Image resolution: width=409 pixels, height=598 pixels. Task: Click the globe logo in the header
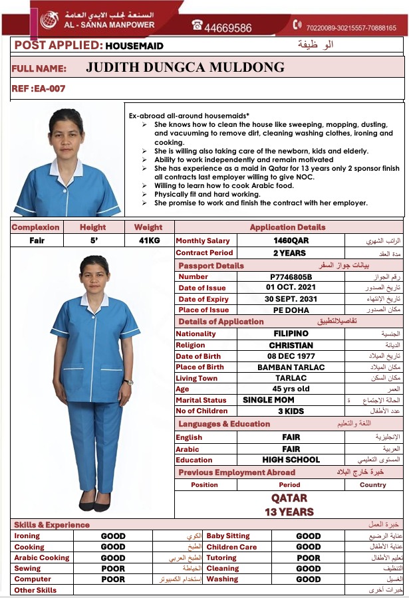pos(49,20)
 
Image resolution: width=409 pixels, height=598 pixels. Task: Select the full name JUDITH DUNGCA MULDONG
pos(185,68)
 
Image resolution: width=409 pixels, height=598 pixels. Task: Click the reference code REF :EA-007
pos(39,88)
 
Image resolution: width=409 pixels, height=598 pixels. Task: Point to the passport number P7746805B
pos(291,277)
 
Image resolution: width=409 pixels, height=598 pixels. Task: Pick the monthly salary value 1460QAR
pos(291,241)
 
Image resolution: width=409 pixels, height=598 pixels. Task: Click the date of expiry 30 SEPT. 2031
pos(291,299)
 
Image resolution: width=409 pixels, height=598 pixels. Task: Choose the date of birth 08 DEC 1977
pos(291,356)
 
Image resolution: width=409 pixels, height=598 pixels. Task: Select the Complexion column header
pos(35,227)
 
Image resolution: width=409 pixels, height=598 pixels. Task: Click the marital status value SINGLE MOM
pos(268,400)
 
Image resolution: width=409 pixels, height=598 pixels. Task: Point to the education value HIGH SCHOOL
pos(291,460)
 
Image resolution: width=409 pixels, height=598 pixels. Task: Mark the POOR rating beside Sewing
pos(113,569)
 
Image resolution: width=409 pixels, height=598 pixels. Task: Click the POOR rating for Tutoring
pos(308,558)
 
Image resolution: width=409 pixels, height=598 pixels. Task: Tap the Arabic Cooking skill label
pos(41,558)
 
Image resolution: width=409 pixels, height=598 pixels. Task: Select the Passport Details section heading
pos(211,266)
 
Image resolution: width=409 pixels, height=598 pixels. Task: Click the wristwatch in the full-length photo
pos(128,382)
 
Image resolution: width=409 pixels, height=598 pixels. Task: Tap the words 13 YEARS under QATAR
pos(289,512)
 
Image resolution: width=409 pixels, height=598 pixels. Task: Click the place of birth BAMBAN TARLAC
pos(291,367)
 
